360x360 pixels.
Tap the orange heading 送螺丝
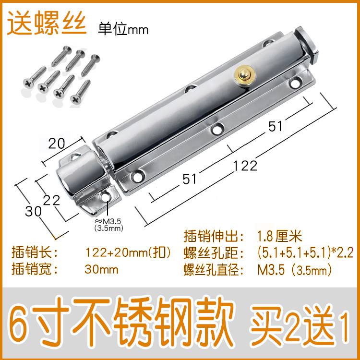46,23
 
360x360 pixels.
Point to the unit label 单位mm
123,29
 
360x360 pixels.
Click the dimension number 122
245,166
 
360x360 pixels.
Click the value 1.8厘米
279,237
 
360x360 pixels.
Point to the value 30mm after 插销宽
101,269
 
